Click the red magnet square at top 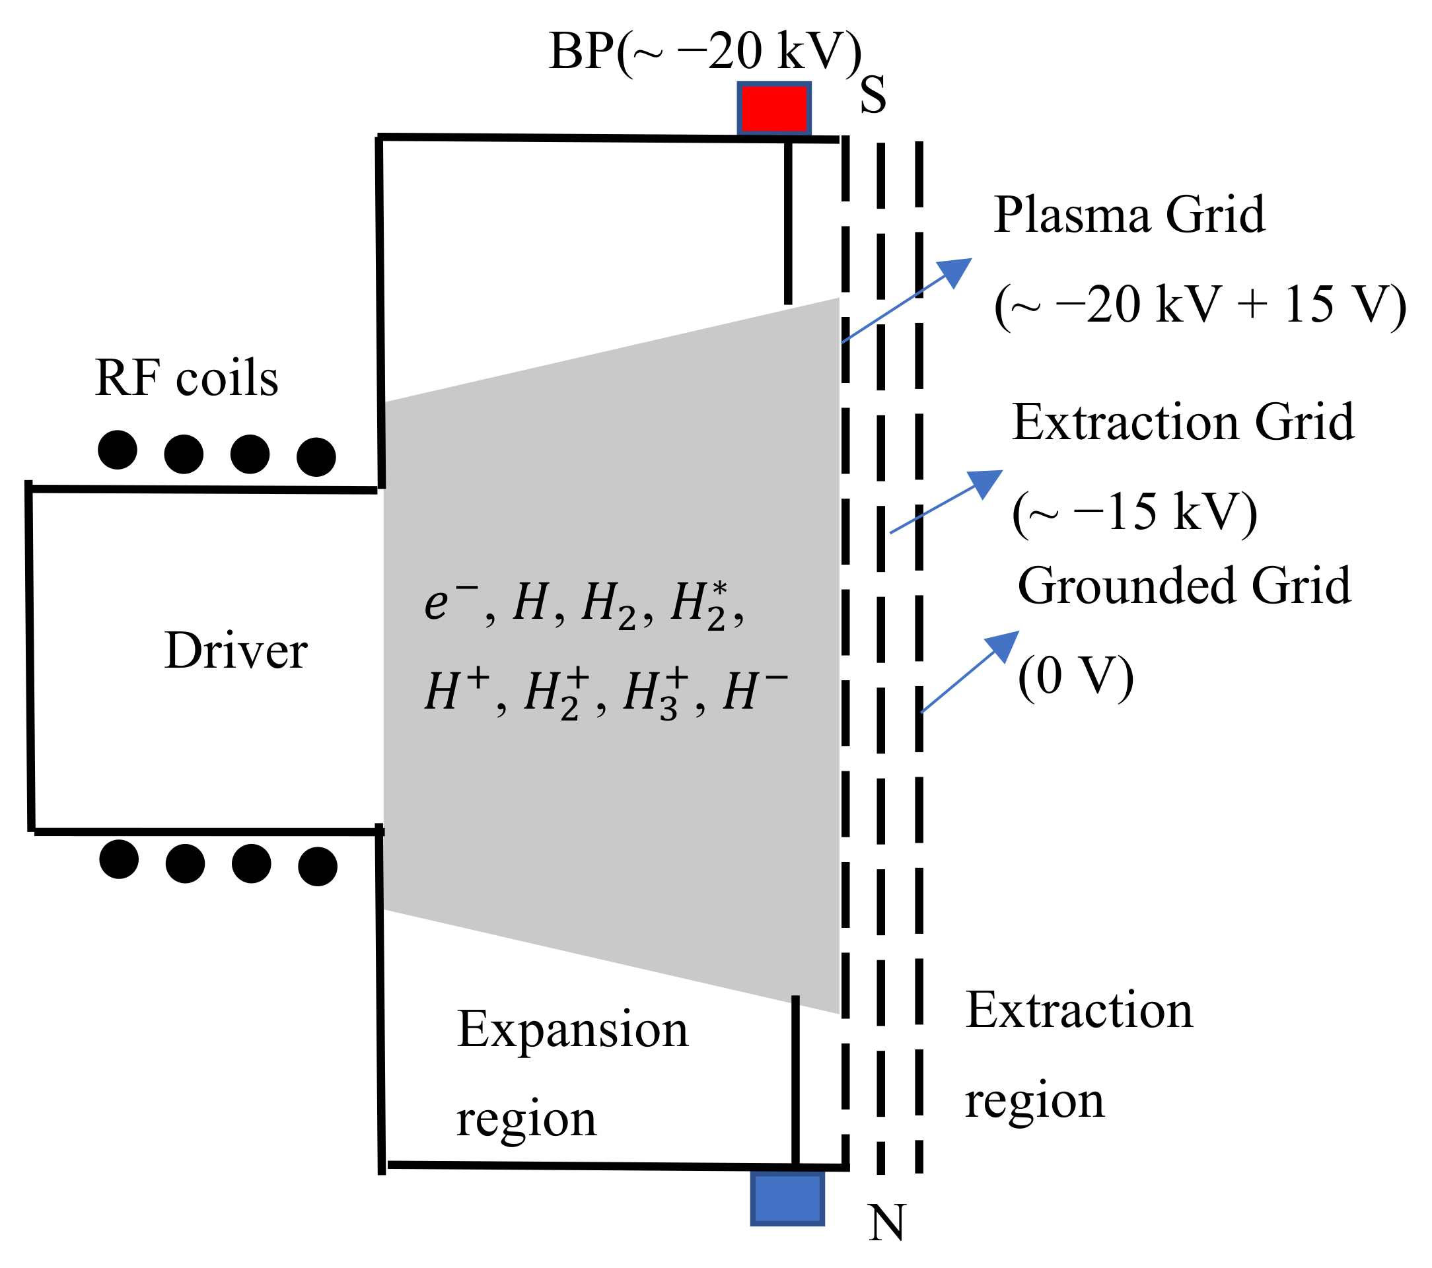click(x=774, y=108)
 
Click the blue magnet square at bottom click(x=787, y=1199)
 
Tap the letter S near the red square click(x=873, y=95)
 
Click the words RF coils click(x=186, y=379)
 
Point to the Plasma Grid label click(x=1129, y=215)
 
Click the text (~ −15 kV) click(x=1134, y=512)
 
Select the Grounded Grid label click(x=1184, y=586)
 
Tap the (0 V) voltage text click(x=1075, y=676)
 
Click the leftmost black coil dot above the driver click(x=117, y=450)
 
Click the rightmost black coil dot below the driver click(x=317, y=866)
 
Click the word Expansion click(x=573, y=1030)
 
